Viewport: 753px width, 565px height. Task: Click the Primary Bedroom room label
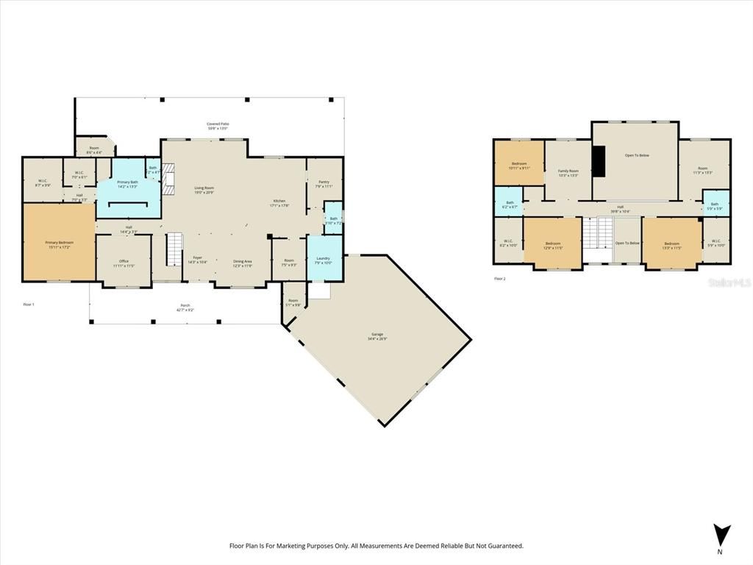[x=59, y=243]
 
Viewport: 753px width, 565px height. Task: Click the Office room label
[x=124, y=263]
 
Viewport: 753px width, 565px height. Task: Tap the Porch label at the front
[x=185, y=308]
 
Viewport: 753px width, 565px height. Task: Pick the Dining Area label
[x=243, y=263]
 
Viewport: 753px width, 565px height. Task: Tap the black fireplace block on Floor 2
[x=599, y=161]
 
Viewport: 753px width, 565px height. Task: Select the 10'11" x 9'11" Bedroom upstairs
[x=519, y=165]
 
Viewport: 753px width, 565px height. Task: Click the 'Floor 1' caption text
[x=29, y=304]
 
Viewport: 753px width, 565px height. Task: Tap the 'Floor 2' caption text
[x=500, y=279]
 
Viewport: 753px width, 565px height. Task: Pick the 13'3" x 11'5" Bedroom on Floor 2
[x=672, y=245]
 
